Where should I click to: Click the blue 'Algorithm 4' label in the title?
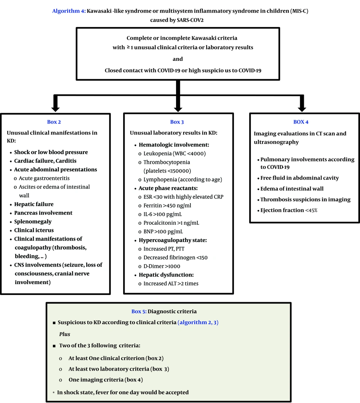tap(67, 11)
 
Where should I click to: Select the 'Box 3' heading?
tap(177, 122)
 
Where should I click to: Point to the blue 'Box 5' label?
tap(139, 311)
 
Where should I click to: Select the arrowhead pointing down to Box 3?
tap(177, 108)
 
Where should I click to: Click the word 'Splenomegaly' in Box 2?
tap(33, 221)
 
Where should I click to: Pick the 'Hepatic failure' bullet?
tap(34, 204)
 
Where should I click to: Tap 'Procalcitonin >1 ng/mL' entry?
tap(171, 223)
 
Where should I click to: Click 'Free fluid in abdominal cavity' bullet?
tap(300, 178)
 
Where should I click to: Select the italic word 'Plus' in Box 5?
tap(64, 334)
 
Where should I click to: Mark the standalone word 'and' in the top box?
tap(177, 59)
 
